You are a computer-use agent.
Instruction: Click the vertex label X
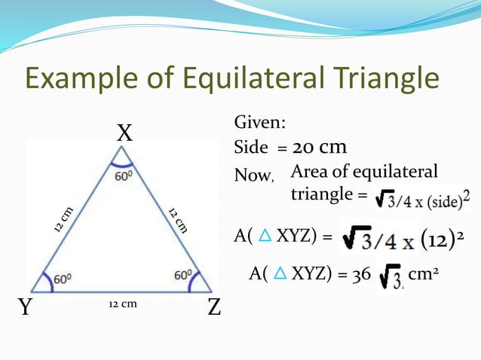click(x=124, y=134)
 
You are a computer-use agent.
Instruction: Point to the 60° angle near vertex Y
click(x=60, y=278)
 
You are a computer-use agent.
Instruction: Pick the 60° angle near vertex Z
click(x=183, y=276)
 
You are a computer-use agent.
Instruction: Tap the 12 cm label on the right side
click(x=178, y=219)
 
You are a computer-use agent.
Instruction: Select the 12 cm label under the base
click(x=121, y=304)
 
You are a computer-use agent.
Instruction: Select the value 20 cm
click(x=319, y=147)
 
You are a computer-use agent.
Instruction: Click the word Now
click(x=253, y=175)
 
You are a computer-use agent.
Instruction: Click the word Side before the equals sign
click(x=252, y=148)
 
